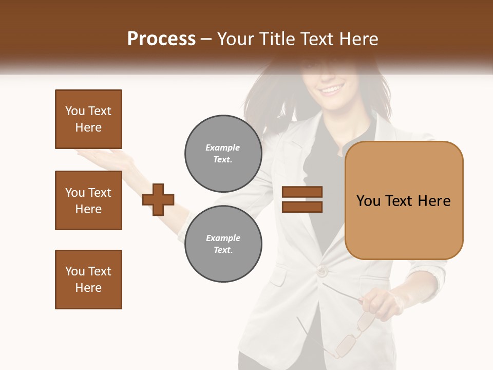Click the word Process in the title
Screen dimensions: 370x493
pyautogui.click(x=161, y=39)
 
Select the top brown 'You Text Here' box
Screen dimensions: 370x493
pyautogui.click(x=88, y=119)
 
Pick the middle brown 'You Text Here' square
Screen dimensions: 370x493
pyautogui.click(x=88, y=200)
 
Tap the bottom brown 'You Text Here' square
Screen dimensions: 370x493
pyautogui.click(x=88, y=280)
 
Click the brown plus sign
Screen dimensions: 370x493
pyautogui.click(x=158, y=199)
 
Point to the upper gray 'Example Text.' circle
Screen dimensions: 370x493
pyautogui.click(x=223, y=154)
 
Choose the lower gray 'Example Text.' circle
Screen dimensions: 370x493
pyautogui.click(x=223, y=244)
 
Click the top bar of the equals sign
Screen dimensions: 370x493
pyautogui.click(x=302, y=192)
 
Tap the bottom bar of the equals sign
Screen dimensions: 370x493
pyautogui.click(x=302, y=207)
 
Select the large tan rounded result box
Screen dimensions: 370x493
pyautogui.click(x=404, y=200)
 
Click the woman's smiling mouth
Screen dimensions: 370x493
pyautogui.click(x=331, y=90)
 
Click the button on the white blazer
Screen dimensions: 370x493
pyautogui.click(x=321, y=271)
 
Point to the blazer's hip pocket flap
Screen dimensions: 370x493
pyautogui.click(x=278, y=277)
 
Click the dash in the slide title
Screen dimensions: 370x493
pyautogui.click(x=206, y=39)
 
